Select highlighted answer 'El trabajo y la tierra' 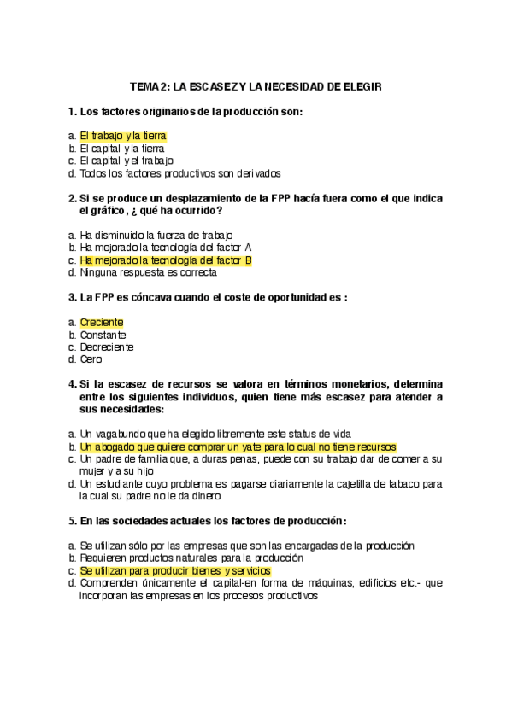click(x=122, y=136)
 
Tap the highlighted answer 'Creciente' click(x=102, y=323)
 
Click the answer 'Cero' click(x=91, y=360)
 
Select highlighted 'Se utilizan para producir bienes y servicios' click(x=175, y=569)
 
